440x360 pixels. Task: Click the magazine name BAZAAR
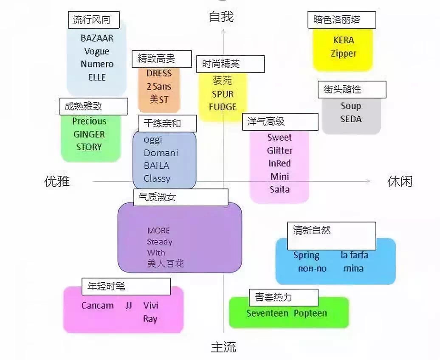pyautogui.click(x=97, y=38)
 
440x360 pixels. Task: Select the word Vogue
pyautogui.click(x=97, y=51)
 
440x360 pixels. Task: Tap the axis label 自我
pyautogui.click(x=221, y=17)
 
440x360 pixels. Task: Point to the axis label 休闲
pyautogui.click(x=400, y=182)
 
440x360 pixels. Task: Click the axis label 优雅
pyautogui.click(x=57, y=182)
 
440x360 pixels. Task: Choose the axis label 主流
pyautogui.click(x=223, y=347)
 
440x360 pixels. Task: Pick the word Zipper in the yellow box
pyautogui.click(x=343, y=53)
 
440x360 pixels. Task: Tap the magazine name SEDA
pyautogui.click(x=351, y=119)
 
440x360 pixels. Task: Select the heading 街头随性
pyautogui.click(x=342, y=90)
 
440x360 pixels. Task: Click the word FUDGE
pyautogui.click(x=223, y=107)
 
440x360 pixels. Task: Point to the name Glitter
pyautogui.click(x=279, y=151)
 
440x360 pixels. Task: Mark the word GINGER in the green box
pyautogui.click(x=89, y=134)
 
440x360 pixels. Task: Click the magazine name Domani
pyautogui.click(x=161, y=153)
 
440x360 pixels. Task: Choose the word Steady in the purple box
pyautogui.click(x=159, y=242)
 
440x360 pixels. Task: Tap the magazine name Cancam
pyautogui.click(x=97, y=306)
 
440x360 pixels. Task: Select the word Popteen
pyautogui.click(x=310, y=313)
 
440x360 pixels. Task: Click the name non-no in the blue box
pyautogui.click(x=312, y=268)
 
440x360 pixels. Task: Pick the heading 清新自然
pyautogui.click(x=312, y=231)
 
